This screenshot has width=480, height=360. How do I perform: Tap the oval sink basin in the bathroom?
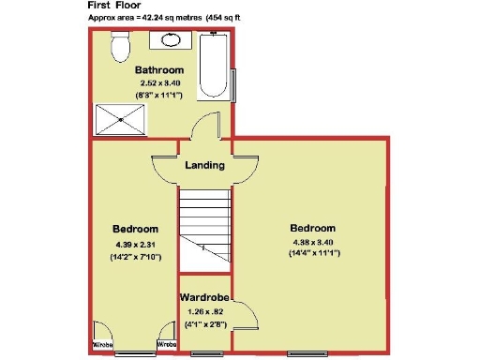point(172,39)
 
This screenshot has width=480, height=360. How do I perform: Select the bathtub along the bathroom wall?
point(215,67)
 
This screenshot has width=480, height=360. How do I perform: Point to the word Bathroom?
point(158,70)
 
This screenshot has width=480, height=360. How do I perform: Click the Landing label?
point(204,165)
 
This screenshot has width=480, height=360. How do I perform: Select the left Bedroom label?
point(135,230)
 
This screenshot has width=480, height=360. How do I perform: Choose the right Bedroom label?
point(312,229)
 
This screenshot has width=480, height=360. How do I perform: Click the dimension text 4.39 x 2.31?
point(135,246)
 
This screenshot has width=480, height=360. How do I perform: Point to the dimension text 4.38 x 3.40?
point(312,244)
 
